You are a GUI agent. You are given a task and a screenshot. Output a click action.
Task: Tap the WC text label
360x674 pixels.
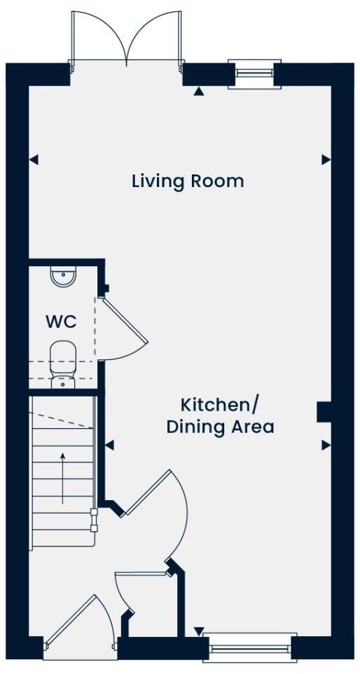pyautogui.click(x=61, y=322)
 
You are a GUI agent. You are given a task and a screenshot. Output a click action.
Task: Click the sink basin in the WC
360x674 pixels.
pyautogui.click(x=63, y=278)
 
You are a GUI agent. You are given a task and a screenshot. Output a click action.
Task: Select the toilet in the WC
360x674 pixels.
pyautogui.click(x=63, y=361)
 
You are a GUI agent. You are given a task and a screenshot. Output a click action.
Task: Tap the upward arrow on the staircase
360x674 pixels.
pyautogui.click(x=63, y=476)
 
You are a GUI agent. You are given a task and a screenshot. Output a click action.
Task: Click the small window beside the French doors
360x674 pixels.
pyautogui.click(x=254, y=73)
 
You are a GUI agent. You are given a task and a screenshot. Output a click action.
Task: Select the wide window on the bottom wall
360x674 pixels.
pyautogui.click(x=249, y=648)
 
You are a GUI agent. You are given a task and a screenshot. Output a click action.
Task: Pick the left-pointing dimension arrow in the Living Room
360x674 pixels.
pyautogui.click(x=34, y=160)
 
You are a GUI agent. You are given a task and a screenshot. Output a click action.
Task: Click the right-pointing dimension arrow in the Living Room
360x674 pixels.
pyautogui.click(x=325, y=160)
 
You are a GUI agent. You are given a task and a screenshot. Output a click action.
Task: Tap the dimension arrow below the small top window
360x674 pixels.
pyautogui.click(x=199, y=91)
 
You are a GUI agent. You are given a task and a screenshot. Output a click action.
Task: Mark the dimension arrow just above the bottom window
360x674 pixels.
pyautogui.click(x=199, y=631)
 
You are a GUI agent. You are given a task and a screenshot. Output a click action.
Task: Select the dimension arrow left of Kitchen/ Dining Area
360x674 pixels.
pyautogui.click(x=109, y=445)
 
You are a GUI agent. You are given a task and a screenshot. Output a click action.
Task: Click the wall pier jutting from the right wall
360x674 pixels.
pyautogui.click(x=324, y=412)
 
